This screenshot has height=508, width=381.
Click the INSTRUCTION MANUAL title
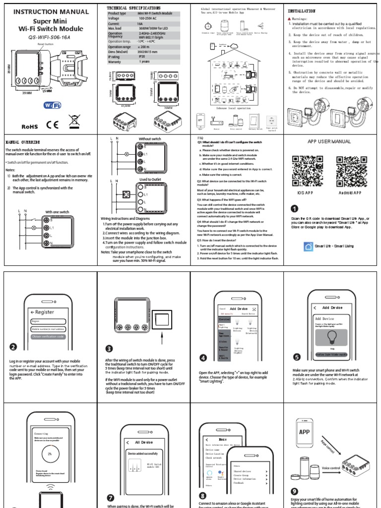click(x=48, y=11)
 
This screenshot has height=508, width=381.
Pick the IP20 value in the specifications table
click(x=144, y=57)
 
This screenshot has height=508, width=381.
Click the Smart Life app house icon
click(x=308, y=246)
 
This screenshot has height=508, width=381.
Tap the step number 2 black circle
click(x=13, y=347)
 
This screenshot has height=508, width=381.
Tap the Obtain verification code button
click(x=47, y=336)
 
